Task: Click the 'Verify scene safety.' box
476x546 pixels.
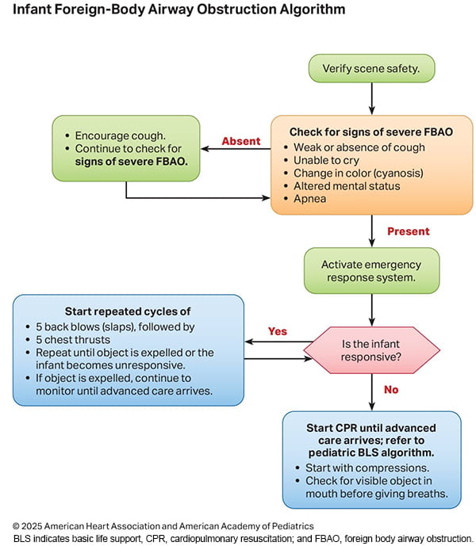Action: pos(370,68)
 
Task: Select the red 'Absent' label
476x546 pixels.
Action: pos(240,141)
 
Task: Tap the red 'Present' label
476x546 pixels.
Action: pos(408,231)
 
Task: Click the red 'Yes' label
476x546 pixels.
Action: pos(277,331)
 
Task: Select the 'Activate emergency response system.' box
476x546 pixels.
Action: pos(370,271)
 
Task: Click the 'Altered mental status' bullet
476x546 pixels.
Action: pos(347,186)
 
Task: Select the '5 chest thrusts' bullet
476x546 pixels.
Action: pos(71,339)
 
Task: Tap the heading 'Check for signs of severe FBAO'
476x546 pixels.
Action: pos(371,132)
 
